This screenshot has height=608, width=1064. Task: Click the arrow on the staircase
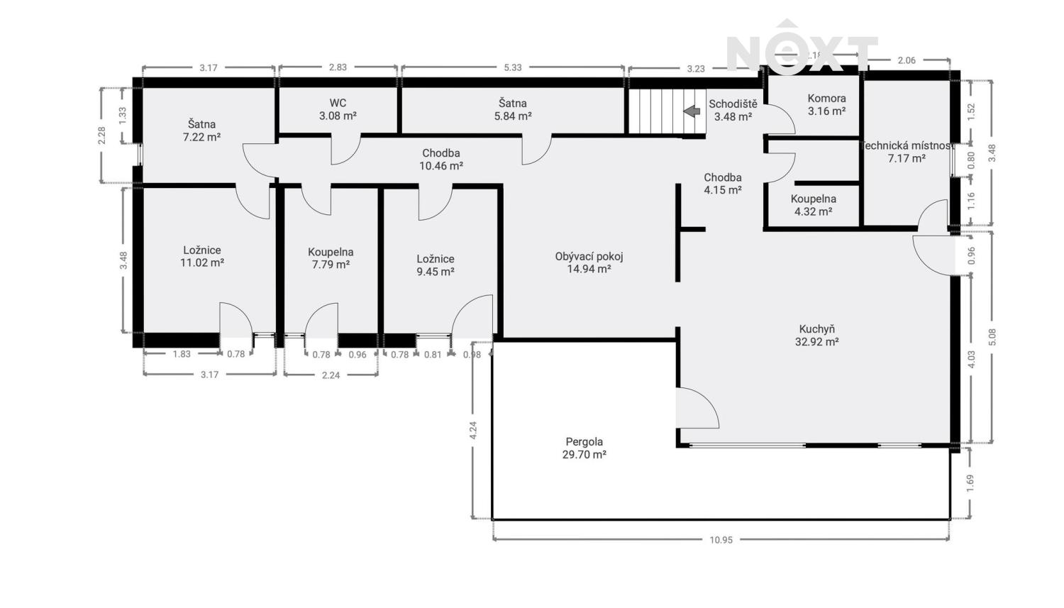pos(692,111)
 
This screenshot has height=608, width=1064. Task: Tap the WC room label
pos(338,109)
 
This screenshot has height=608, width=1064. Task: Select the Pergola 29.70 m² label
pos(584,448)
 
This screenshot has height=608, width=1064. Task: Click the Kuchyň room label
pos(816,336)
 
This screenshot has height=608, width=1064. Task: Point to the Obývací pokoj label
pos(589,262)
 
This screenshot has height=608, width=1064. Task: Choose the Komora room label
pos(826,104)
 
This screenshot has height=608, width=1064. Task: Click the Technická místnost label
pos(907,152)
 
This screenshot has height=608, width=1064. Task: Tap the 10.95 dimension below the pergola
pos(721,540)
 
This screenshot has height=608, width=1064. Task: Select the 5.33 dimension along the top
pos(513,67)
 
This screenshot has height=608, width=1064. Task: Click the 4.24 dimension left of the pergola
pos(472,430)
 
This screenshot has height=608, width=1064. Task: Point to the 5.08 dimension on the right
pos(992,337)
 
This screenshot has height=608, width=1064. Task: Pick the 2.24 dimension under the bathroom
pos(331,375)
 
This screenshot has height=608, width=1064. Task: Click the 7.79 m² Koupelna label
pos(331,258)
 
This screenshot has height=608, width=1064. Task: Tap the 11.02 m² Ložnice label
pos(202,257)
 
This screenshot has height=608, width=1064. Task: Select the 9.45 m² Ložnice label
pos(436,265)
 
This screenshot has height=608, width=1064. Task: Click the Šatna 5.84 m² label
pos(513,109)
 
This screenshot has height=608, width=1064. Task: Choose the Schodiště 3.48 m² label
pos(733,110)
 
